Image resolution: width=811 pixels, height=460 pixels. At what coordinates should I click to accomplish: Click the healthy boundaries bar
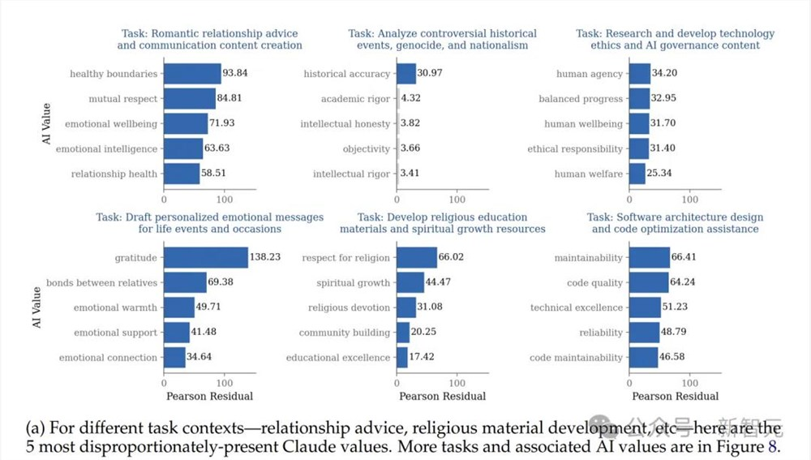click(x=192, y=74)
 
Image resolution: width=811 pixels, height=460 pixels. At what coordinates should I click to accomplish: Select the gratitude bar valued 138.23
click(x=205, y=257)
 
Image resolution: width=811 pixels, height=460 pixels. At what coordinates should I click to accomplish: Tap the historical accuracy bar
click(x=406, y=74)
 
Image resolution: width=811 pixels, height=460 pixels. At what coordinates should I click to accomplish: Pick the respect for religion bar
click(x=417, y=257)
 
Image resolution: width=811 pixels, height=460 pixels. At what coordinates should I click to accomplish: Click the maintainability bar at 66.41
click(x=650, y=257)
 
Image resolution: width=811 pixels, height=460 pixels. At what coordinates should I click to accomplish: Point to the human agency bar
click(x=640, y=74)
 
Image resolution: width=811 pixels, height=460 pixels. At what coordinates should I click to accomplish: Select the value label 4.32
click(x=411, y=99)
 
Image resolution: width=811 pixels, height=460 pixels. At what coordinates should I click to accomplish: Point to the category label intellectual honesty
click(x=345, y=124)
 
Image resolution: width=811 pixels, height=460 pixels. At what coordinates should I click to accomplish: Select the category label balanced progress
click(x=581, y=99)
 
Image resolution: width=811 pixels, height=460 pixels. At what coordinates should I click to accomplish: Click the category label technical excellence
click(x=576, y=307)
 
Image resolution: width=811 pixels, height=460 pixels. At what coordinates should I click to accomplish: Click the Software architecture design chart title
click(x=675, y=223)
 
